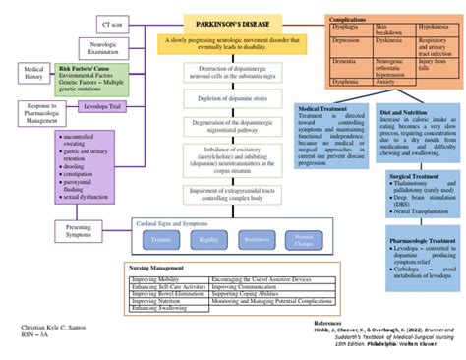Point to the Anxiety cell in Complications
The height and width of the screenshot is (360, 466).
point(371,83)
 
